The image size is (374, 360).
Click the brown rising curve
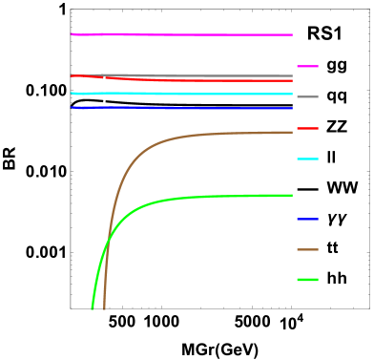click(x=143, y=153)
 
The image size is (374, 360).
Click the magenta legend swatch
click(x=307, y=66)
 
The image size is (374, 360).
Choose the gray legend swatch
click(x=307, y=96)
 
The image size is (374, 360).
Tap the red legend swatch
click(x=307, y=128)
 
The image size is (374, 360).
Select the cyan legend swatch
click(x=307, y=159)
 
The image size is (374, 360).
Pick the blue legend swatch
click(x=307, y=219)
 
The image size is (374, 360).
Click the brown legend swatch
click(x=307, y=249)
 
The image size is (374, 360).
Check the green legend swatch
click(x=307, y=280)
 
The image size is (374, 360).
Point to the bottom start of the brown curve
click(x=103, y=308)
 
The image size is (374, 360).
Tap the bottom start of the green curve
click(x=93, y=308)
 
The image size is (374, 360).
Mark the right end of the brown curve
click(x=291, y=132)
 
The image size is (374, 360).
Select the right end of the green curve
click(x=291, y=195)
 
